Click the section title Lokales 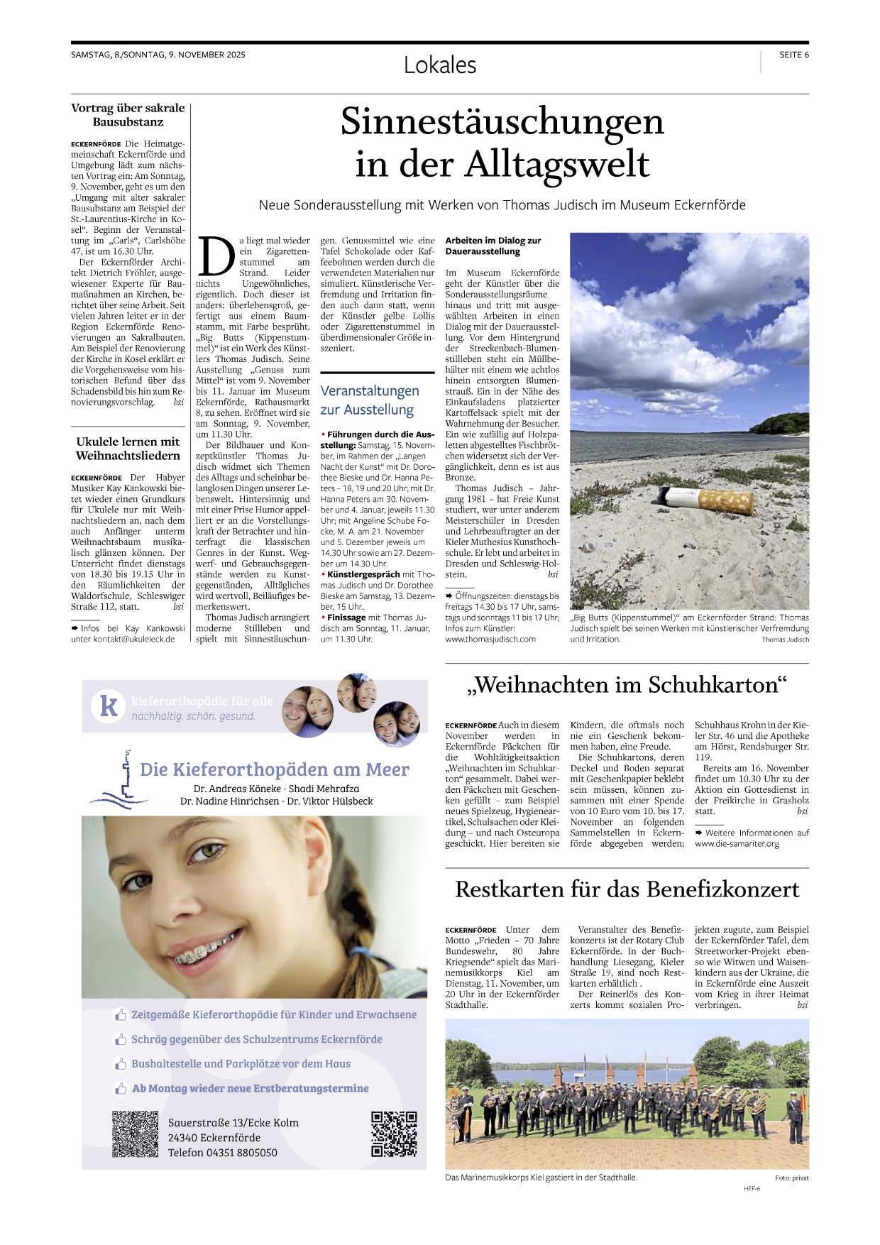tap(440, 65)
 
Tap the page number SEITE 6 tap(793, 55)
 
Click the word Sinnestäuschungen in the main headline tap(502, 121)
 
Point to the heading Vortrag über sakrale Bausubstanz tap(128, 115)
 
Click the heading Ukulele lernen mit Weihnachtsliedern tap(128, 449)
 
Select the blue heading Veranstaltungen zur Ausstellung tap(370, 400)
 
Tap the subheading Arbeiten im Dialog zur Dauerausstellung tap(493, 246)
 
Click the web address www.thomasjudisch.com tap(490, 639)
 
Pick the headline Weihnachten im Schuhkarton tap(627, 685)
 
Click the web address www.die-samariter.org tap(737, 844)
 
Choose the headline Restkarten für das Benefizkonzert tap(627, 889)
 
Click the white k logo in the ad tap(109, 706)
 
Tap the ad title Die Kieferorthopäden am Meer tap(275, 769)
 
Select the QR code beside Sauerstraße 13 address tap(135, 1134)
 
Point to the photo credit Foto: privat tap(791, 1178)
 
